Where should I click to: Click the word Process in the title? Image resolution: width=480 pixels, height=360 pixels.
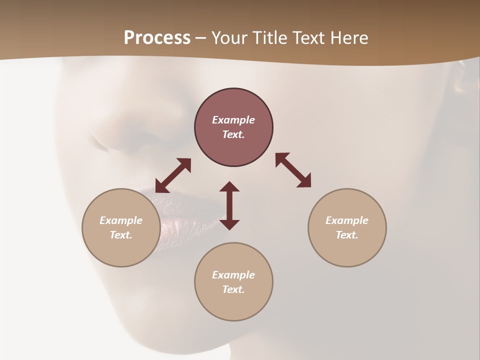tap(157, 38)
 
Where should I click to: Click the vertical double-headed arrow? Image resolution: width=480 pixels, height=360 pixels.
tap(229, 205)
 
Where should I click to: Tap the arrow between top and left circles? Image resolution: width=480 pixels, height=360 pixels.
tap(173, 175)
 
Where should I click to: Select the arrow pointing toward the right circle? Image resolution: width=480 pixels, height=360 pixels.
tap(293, 170)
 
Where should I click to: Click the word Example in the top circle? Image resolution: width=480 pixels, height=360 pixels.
tap(233, 120)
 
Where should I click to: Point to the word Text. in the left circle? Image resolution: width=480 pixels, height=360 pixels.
tap(121, 235)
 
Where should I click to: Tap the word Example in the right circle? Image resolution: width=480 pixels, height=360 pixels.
tap(347, 220)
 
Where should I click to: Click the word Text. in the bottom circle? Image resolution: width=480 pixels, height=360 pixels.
tap(233, 289)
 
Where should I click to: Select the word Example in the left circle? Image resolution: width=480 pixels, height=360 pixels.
tap(121, 220)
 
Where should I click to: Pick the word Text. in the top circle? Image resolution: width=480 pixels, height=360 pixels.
tap(233, 134)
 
